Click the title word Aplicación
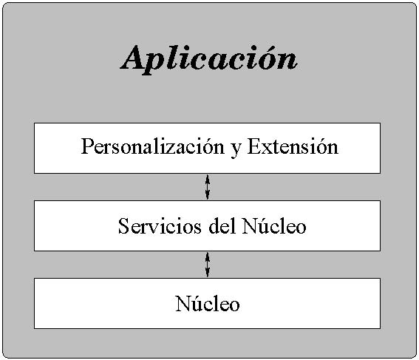click(x=208, y=59)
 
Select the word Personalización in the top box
click(x=152, y=146)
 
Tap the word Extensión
click(x=293, y=146)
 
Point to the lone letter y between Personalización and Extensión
click(x=236, y=149)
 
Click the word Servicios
click(x=160, y=226)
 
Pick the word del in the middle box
click(x=222, y=226)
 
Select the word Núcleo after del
click(x=274, y=226)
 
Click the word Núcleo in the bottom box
click(x=208, y=304)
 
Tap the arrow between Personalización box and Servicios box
click(x=208, y=187)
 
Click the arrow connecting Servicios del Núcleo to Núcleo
click(x=208, y=265)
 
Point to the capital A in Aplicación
click(x=137, y=57)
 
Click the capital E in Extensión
click(x=254, y=146)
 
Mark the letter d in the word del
click(x=214, y=226)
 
